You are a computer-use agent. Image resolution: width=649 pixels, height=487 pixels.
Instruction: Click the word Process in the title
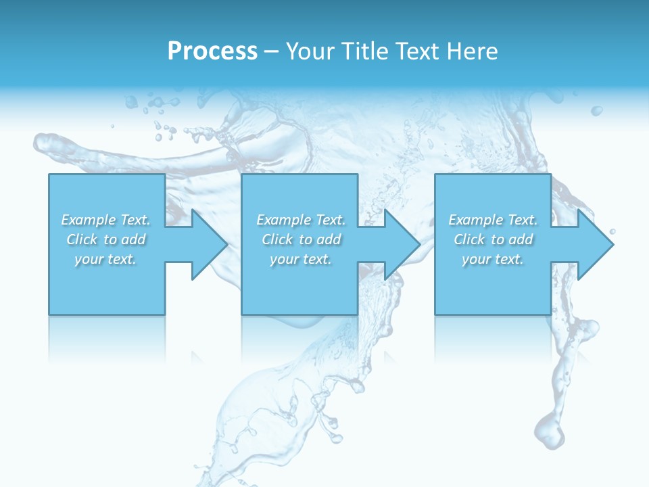(x=212, y=51)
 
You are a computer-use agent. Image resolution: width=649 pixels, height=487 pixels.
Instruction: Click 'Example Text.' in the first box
(x=106, y=220)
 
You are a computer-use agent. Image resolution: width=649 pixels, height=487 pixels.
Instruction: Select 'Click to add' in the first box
(x=106, y=239)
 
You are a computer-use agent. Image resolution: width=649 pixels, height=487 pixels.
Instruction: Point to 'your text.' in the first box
(x=106, y=259)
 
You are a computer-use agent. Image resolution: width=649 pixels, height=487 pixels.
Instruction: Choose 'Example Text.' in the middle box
(x=301, y=220)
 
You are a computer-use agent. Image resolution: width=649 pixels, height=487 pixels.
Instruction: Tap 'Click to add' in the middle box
(x=301, y=239)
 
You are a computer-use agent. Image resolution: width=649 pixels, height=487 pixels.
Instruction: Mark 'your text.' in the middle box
(x=301, y=259)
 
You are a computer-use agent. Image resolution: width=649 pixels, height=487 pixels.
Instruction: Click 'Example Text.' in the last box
(x=493, y=220)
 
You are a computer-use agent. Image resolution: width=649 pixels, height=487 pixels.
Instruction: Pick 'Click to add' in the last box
(x=493, y=239)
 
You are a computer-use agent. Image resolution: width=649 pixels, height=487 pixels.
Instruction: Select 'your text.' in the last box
(x=493, y=259)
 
